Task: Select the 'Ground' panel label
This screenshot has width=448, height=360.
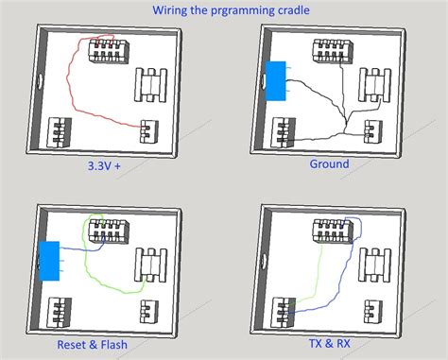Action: click(x=329, y=163)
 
